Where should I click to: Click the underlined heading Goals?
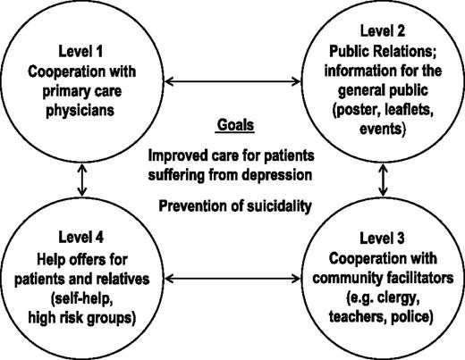(235, 125)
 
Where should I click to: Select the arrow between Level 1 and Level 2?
(232, 81)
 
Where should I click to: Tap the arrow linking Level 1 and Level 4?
(82, 180)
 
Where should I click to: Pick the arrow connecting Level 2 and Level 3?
(383, 180)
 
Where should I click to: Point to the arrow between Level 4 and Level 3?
(232, 279)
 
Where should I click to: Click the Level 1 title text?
(80, 51)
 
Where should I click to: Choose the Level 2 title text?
(383, 31)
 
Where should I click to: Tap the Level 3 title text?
(382, 239)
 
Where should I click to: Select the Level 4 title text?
(81, 238)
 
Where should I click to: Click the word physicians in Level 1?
(80, 111)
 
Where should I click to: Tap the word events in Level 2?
(383, 130)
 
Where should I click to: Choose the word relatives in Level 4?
(123, 279)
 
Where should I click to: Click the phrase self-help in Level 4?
(82, 298)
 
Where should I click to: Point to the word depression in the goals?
(277, 175)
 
